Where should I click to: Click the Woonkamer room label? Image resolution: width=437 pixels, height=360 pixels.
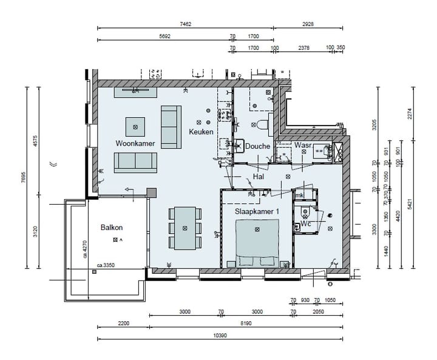coord(135,143)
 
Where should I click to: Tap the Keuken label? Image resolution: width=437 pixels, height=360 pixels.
coord(200,132)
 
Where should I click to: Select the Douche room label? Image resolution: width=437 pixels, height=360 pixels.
coord(257,146)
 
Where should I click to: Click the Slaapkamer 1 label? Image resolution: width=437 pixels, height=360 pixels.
coord(257,211)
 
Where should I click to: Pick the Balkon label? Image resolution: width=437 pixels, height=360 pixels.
coord(112,228)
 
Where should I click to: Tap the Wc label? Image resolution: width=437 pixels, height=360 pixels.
coord(306,223)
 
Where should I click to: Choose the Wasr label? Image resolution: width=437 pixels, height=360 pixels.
coord(303,146)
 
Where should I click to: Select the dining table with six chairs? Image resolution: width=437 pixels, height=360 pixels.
coord(185,228)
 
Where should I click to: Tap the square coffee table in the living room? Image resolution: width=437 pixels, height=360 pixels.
coord(135,126)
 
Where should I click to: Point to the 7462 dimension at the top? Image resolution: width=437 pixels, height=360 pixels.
coord(185,24)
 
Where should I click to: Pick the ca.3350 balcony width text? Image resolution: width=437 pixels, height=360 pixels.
coord(106,265)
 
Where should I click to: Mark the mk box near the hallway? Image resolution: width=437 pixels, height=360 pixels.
coord(299,195)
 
